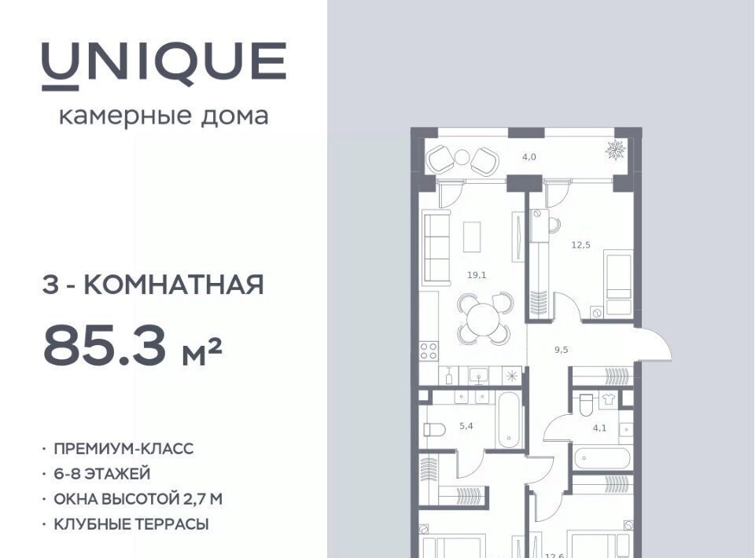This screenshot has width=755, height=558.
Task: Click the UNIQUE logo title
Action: click(164, 65)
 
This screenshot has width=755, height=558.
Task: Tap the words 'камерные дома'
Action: click(164, 116)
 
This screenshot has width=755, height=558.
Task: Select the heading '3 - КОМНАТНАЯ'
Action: click(153, 285)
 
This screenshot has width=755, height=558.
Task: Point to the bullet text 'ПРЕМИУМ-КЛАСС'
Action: click(123, 449)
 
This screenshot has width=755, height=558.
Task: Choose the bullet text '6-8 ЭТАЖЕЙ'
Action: click(102, 474)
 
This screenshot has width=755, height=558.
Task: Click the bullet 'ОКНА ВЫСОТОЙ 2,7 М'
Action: click(138, 499)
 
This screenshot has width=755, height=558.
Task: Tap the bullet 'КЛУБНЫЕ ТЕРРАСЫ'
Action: click(131, 524)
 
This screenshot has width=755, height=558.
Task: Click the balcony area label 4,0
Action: click(529, 157)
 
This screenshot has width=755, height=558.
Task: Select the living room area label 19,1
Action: click(477, 275)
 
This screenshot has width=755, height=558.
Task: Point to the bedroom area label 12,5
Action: click(580, 245)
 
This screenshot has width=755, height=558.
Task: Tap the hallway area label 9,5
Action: click(562, 350)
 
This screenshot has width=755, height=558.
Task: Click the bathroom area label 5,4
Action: click(466, 426)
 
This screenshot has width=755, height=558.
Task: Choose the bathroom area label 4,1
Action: click(599, 428)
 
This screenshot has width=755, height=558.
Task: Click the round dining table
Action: click(484, 319)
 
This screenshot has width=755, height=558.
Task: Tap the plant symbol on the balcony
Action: click(615, 150)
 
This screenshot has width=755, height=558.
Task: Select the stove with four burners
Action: click(429, 351)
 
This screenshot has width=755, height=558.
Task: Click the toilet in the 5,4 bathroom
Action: click(434, 429)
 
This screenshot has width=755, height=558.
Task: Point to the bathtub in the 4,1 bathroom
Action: click(602, 458)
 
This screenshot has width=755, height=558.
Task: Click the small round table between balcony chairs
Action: click(462, 157)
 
